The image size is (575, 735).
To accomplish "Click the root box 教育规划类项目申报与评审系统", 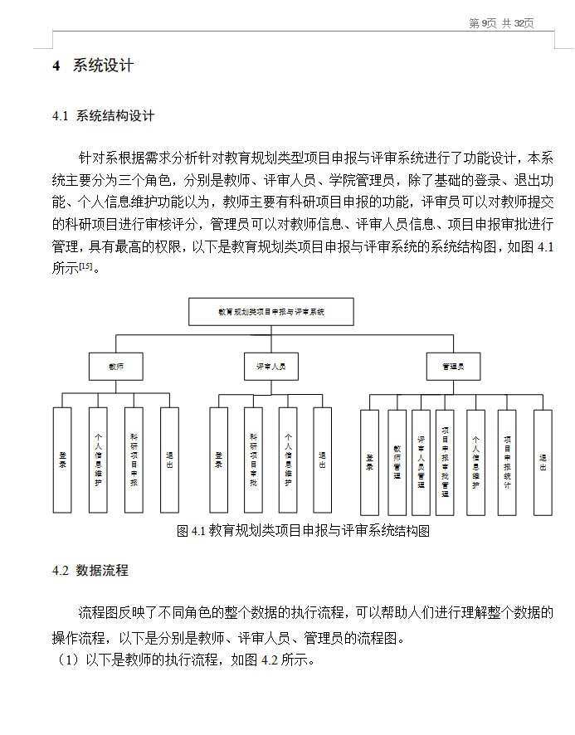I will tap(271, 312).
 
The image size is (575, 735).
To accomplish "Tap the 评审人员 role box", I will tap(270, 366).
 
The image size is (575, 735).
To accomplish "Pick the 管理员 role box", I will tap(453, 366).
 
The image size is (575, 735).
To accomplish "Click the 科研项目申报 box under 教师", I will tap(134, 460).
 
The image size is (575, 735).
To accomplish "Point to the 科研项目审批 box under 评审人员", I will tap(254, 460).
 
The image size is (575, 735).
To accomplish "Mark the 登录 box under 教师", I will tap(62, 460).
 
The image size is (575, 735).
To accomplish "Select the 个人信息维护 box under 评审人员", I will tap(288, 460).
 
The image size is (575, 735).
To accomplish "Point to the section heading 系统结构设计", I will tap(115, 116).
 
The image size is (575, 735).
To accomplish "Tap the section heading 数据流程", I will tap(101, 571).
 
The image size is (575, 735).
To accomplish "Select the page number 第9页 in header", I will tap(482, 23).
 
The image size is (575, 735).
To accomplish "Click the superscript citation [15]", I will tap(85, 265).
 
